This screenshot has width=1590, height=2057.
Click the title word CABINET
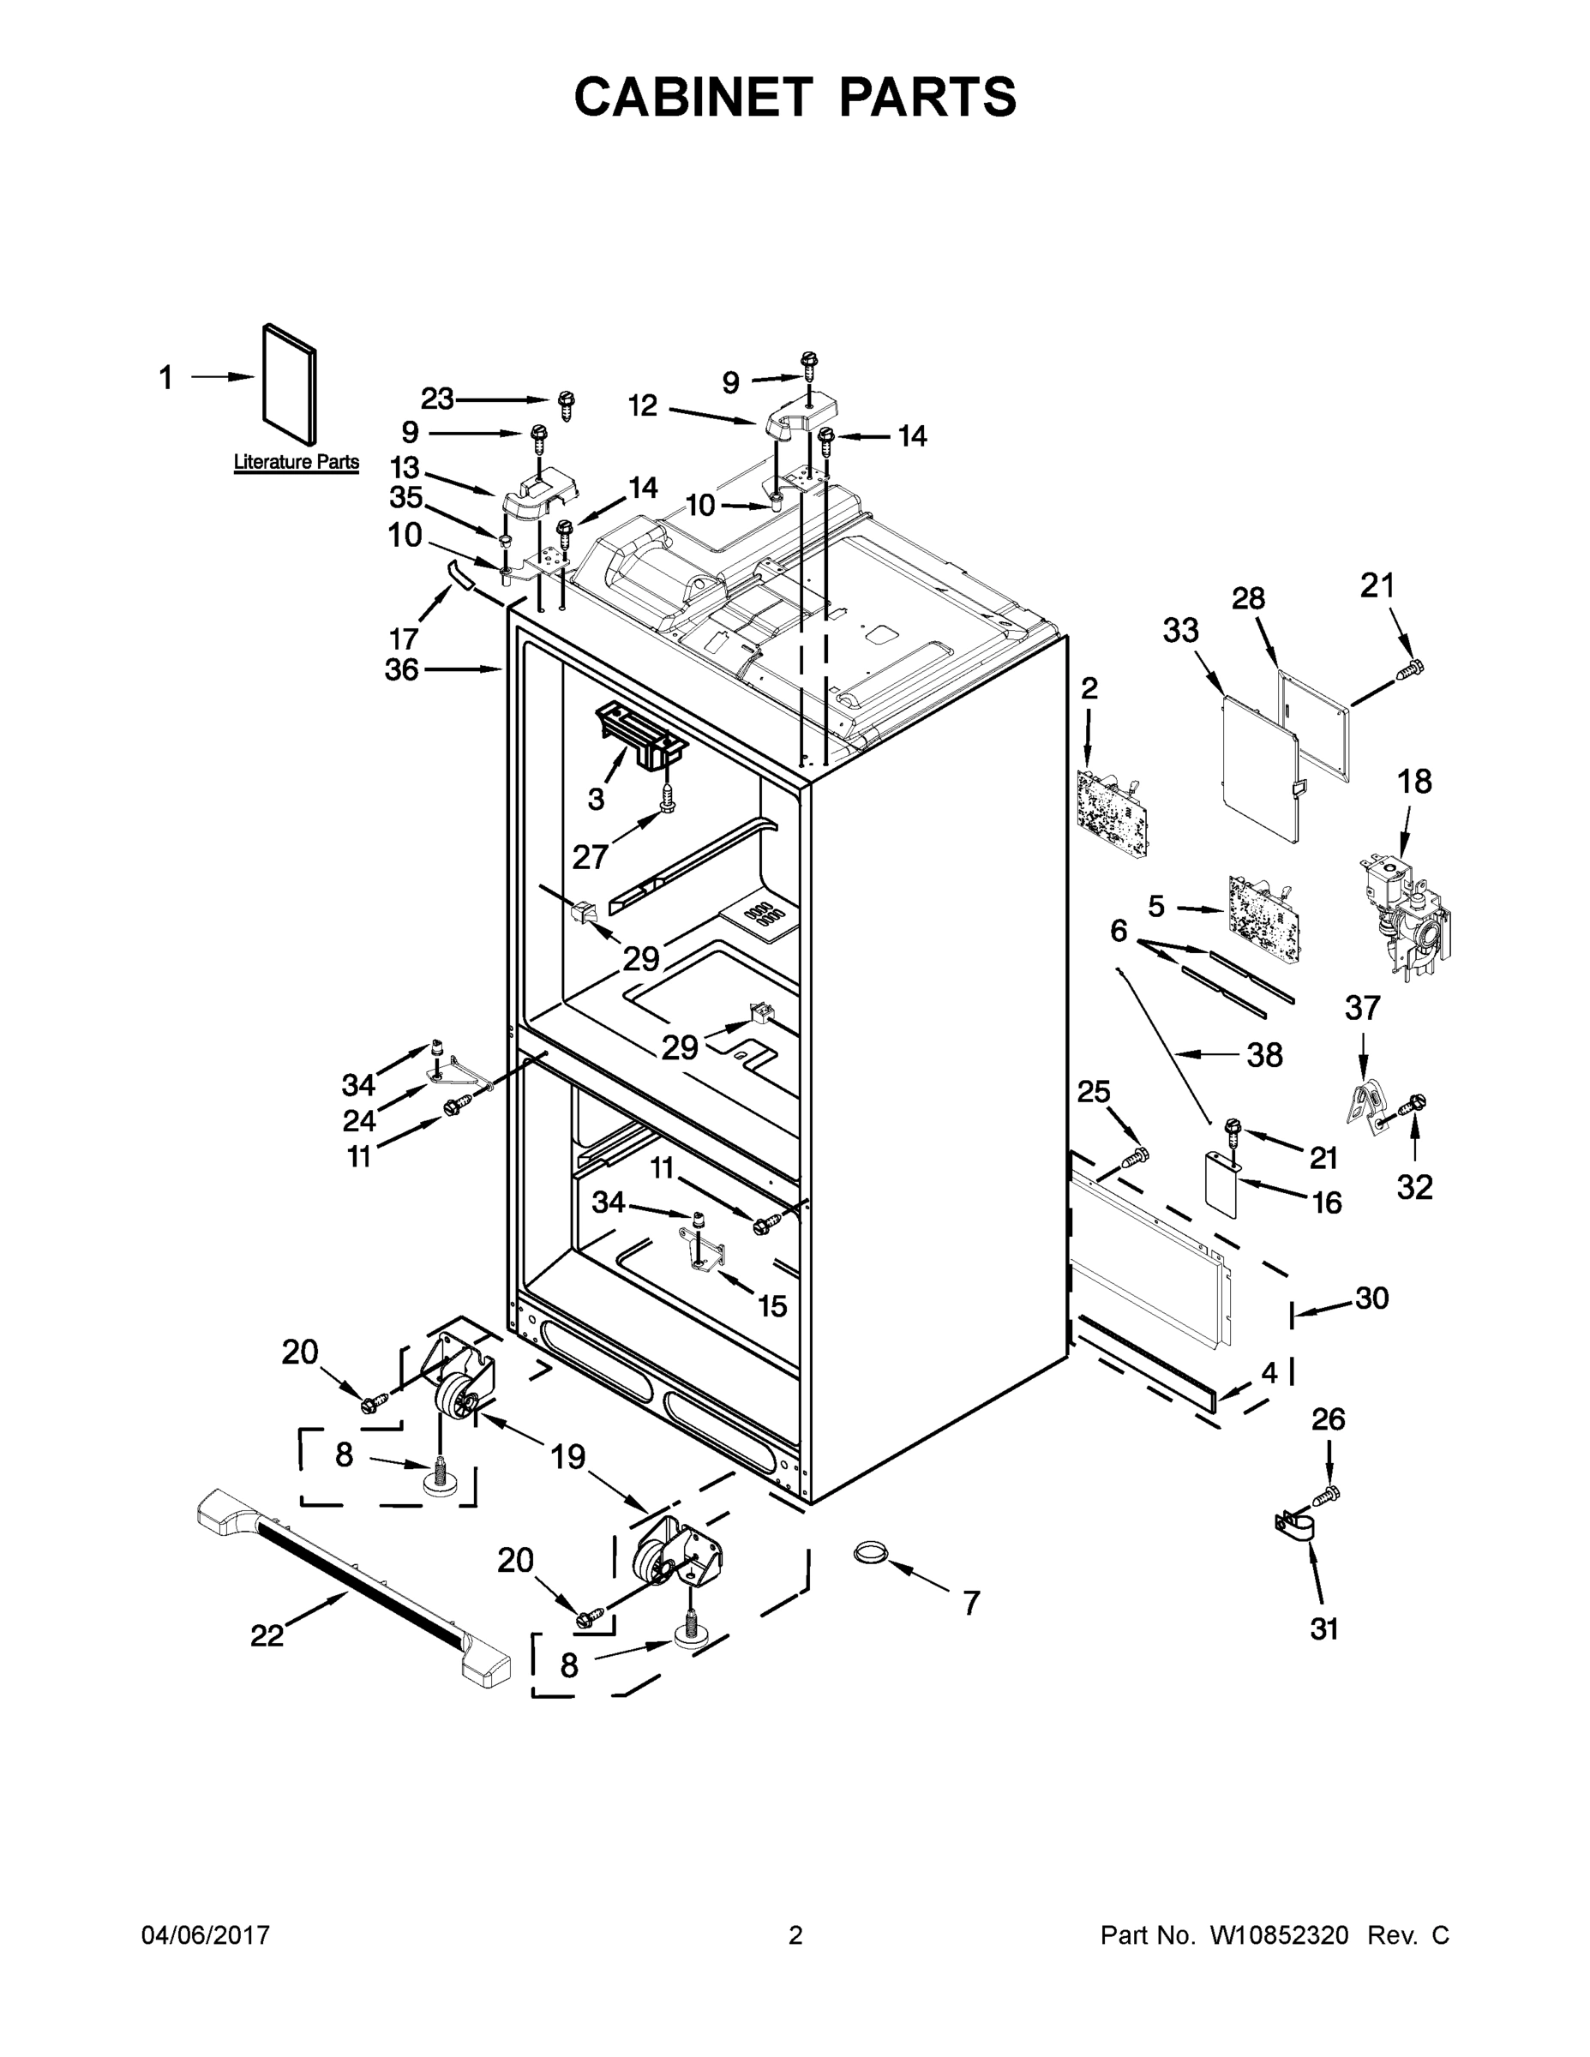coord(693,97)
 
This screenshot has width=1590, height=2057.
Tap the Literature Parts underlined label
coord(296,463)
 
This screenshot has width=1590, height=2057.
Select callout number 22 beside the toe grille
coord(267,1636)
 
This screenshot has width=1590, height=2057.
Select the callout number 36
coord(402,669)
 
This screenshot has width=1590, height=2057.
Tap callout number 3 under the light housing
coord(596,800)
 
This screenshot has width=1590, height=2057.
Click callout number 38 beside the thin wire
coord(1264,1055)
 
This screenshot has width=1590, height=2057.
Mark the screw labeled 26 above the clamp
coord(1326,1493)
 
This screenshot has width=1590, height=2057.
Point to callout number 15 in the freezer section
coord(772,1306)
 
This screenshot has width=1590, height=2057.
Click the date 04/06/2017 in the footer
coord(206,1934)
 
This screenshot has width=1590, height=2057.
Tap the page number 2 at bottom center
coord(795,1934)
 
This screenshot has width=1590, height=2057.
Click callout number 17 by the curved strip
coord(403,639)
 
